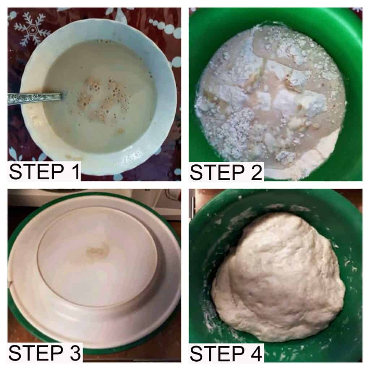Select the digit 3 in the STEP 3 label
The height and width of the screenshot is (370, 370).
pos(75,353)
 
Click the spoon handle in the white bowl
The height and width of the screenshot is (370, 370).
pos(34,98)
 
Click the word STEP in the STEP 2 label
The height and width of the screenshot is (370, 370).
pos(217,172)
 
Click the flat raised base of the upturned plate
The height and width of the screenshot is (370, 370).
pos(97,256)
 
